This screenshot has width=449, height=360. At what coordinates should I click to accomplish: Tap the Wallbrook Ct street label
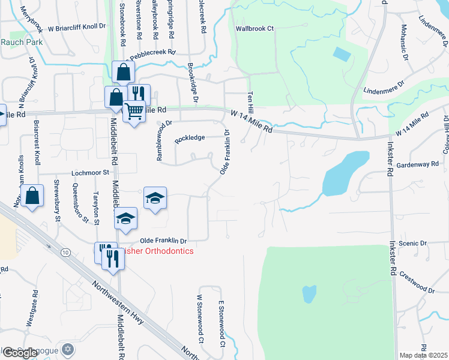tap(255, 28)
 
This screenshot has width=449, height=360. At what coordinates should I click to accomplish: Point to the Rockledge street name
tap(190, 139)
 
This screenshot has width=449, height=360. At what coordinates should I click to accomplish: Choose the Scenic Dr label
tap(411, 244)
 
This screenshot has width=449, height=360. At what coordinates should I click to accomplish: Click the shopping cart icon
tap(134, 112)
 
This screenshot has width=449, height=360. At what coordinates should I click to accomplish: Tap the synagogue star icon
tap(68, 349)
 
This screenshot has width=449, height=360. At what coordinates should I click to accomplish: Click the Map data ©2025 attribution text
tap(424, 355)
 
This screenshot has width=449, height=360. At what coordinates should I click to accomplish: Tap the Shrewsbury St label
tap(58, 200)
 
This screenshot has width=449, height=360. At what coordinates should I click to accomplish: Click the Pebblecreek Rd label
tap(154, 52)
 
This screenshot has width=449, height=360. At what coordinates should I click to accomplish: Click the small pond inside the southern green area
tap(309, 294)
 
